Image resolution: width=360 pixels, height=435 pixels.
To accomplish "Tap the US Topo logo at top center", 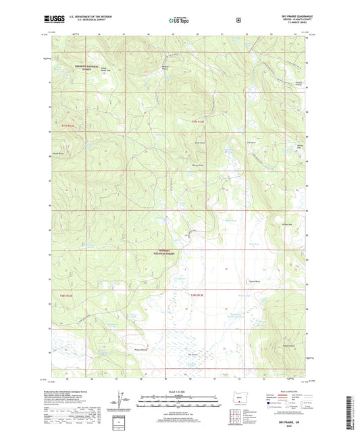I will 179,20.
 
